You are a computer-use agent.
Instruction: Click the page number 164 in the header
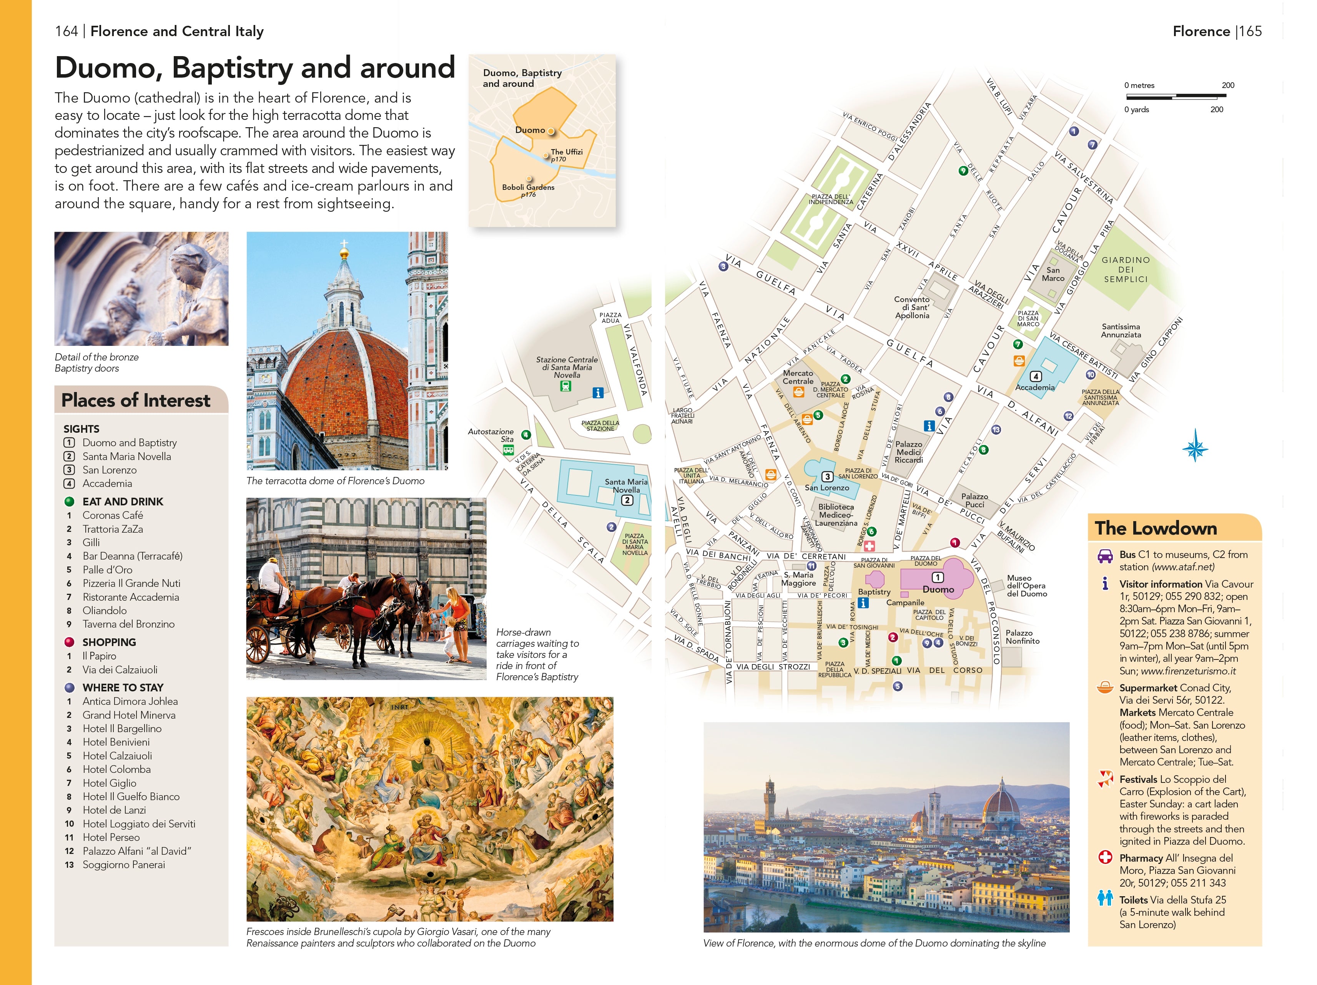click(x=66, y=32)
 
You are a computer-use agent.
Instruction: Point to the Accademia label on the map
click(x=1035, y=387)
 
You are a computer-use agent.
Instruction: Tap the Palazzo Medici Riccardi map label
click(x=909, y=452)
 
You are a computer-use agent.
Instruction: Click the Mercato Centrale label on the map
click(x=798, y=377)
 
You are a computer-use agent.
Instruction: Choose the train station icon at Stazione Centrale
click(x=565, y=386)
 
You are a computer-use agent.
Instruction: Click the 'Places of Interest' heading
click(x=136, y=400)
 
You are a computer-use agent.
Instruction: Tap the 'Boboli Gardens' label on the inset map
click(x=528, y=187)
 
